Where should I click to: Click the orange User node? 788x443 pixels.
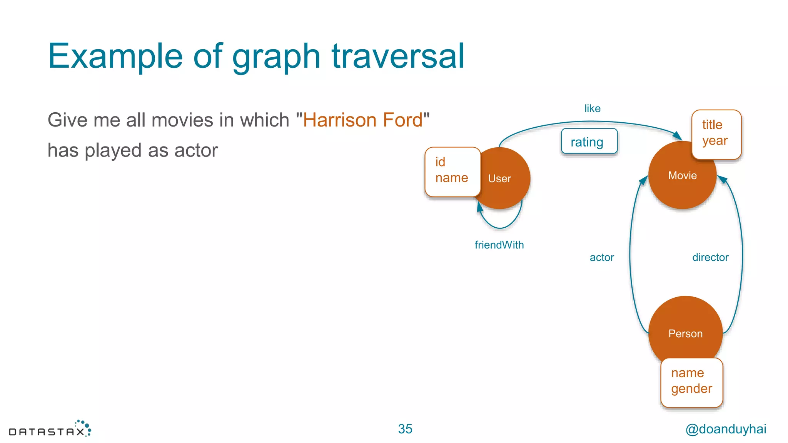[x=504, y=179]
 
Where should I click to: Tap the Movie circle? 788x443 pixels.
[x=682, y=176]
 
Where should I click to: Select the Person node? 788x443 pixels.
[x=685, y=333]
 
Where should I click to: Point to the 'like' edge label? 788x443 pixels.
[x=592, y=109]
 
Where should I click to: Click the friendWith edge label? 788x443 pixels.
[x=499, y=245]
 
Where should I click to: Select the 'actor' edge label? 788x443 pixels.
[x=602, y=258]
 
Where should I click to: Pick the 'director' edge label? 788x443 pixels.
[x=710, y=258]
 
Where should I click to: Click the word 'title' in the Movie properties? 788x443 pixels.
[x=712, y=125]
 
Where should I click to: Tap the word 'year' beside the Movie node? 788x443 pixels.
[x=715, y=141]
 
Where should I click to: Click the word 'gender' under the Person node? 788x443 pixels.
[x=691, y=389]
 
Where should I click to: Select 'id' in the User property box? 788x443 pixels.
[x=440, y=162]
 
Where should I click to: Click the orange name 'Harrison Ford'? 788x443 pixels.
[x=362, y=120]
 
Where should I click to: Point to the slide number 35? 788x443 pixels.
[x=405, y=429]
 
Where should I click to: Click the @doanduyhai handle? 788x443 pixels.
[x=726, y=429]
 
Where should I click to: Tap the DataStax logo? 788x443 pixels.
[x=50, y=430]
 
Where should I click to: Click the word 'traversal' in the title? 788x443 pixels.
[x=398, y=57]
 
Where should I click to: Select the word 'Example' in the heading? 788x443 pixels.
[x=115, y=57]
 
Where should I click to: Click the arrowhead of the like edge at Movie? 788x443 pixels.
[x=677, y=135]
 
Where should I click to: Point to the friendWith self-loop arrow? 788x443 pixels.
[x=500, y=227]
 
